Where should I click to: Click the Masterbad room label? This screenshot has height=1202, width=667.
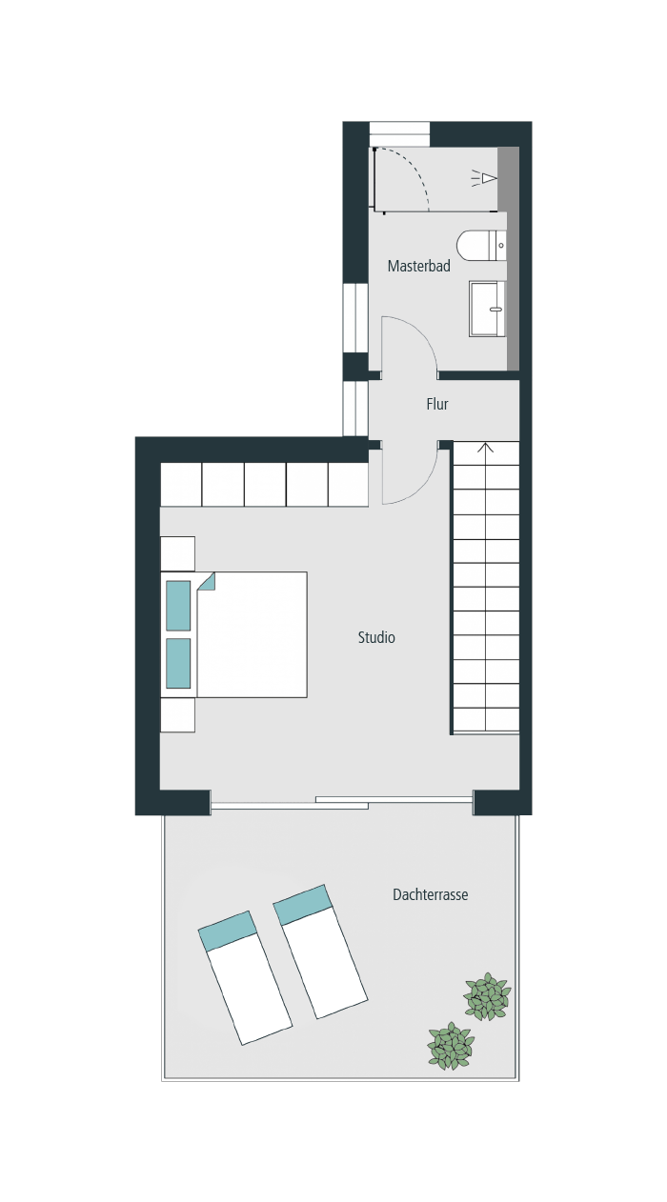[x=419, y=266]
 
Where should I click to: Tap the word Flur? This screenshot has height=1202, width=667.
[x=437, y=404]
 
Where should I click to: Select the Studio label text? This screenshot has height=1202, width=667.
[x=376, y=637]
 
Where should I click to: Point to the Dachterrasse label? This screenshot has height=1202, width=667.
[x=430, y=894]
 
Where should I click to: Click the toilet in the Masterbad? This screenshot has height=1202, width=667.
[x=481, y=246]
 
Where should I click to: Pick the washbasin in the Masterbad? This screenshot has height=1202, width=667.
[x=487, y=310]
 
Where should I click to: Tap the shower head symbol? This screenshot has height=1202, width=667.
[x=485, y=178]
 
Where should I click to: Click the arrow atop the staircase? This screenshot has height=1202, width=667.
[x=486, y=448]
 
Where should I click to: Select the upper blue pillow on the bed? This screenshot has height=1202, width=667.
[x=178, y=606]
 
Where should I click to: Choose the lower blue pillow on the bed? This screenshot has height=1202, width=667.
[x=178, y=663]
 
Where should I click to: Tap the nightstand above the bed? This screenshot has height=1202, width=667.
[x=178, y=553]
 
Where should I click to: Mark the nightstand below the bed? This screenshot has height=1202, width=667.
[x=178, y=715]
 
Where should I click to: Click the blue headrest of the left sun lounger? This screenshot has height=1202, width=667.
[x=228, y=931]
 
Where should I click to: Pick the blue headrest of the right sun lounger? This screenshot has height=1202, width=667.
[x=303, y=905]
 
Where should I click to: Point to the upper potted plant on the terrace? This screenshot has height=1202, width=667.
[x=488, y=996]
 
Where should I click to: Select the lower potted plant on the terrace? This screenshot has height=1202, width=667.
[x=451, y=1045]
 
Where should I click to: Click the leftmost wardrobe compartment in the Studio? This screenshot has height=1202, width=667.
[x=181, y=485]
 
